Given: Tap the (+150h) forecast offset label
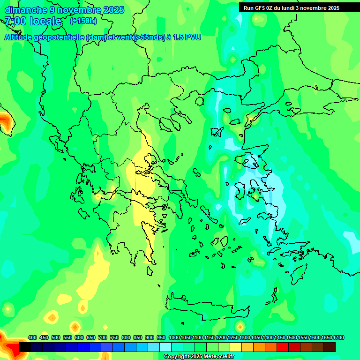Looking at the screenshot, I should coord(83,21).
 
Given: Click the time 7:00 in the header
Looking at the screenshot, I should coord(14,21).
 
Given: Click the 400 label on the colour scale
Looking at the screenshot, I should coord(32,337).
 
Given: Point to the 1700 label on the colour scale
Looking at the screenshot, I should coord(339,337).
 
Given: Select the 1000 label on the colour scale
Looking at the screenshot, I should coord(174,337).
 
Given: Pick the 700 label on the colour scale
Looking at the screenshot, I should coord(103,337).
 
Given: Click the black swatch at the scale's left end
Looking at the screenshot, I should coord(25,347).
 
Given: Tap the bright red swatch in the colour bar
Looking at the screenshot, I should coord(283,347).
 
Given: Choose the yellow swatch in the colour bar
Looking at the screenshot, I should coord(236,347).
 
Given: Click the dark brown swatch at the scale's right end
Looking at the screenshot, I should coord(330,347).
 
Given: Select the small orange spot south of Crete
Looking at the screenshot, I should coord(240,326).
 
